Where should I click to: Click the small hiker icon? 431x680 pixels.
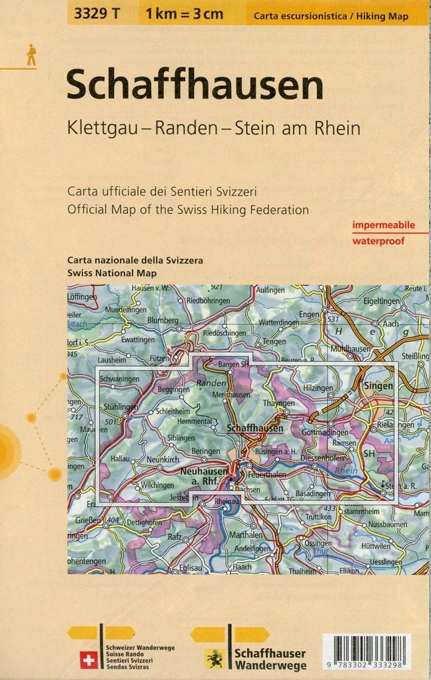tap(31, 55)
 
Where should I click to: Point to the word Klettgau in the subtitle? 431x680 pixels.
tap(100, 128)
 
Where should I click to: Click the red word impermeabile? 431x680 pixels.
tap(383, 225)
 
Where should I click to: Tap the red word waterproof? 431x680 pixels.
tap(378, 241)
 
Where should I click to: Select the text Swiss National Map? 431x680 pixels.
tap(112, 273)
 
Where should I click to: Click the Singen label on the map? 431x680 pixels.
tap(378, 386)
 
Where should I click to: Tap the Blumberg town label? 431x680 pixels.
tap(163, 321)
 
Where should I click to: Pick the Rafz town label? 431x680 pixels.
tap(174, 535)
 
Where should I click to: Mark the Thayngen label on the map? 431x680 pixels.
tap(278, 403)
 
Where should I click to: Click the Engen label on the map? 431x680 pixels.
tap(308, 314)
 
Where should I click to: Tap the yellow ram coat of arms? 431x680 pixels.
tap(215, 658)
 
